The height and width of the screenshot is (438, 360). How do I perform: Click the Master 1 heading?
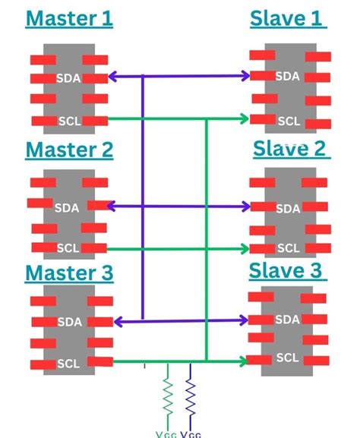tap(69, 18)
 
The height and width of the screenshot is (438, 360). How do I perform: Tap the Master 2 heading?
tap(69, 150)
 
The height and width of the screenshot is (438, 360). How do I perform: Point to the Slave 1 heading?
tap(288, 18)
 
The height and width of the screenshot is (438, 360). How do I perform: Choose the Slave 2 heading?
tap(289, 147)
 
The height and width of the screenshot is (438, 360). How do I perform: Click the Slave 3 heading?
tap(286, 269)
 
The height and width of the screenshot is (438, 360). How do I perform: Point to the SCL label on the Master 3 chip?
tap(68, 364)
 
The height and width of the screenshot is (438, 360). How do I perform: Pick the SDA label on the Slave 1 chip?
tap(287, 76)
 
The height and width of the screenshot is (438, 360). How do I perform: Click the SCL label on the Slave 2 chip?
tap(288, 247)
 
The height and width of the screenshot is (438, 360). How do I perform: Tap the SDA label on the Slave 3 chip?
tap(287, 320)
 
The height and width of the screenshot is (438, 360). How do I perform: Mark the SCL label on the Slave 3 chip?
tap(287, 358)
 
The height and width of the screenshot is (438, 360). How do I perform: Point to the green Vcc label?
tap(166, 434)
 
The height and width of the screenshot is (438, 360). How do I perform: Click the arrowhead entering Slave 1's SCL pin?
tap(244, 118)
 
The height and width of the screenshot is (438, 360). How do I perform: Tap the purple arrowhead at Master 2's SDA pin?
tap(112, 206)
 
